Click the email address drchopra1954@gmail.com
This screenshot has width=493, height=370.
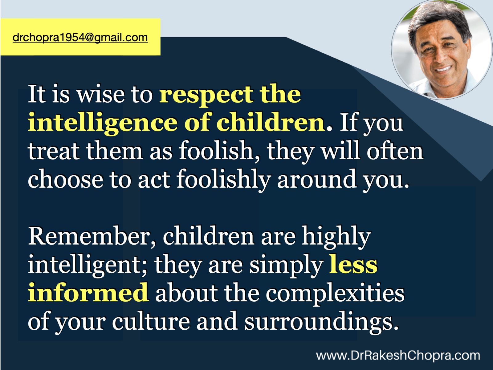click(x=80, y=38)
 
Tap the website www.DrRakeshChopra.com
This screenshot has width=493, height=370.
click(x=398, y=356)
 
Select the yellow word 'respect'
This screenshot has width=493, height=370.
click(x=206, y=95)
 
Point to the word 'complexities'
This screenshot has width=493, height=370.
click(x=335, y=294)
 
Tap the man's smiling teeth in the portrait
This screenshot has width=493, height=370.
click(x=443, y=68)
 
